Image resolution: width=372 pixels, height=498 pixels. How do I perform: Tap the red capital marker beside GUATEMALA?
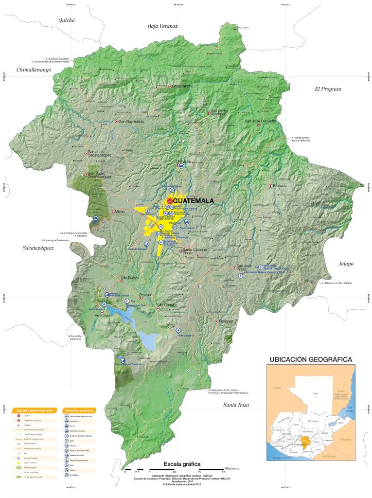pyautogui.click(x=169, y=200)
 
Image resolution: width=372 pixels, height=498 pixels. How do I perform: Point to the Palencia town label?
pyautogui.click(x=280, y=186)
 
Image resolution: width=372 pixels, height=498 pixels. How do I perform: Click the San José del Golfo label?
pyautogui.click(x=260, y=121)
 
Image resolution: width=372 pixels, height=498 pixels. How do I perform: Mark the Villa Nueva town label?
pyautogui.click(x=130, y=278)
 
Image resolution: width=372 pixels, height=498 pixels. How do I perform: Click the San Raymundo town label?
pyautogui.click(x=132, y=121)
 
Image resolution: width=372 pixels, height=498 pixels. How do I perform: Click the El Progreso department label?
pyautogui.click(x=328, y=89)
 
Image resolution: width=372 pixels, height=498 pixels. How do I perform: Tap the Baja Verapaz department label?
pyautogui.click(x=162, y=25)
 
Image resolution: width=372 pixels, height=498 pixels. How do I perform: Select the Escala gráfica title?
pyautogui.click(x=182, y=463)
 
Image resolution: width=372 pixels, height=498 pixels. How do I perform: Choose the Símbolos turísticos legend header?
pyautogui.click(x=78, y=410)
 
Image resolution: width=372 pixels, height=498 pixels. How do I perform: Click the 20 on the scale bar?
pyautogui.click(x=223, y=472)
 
